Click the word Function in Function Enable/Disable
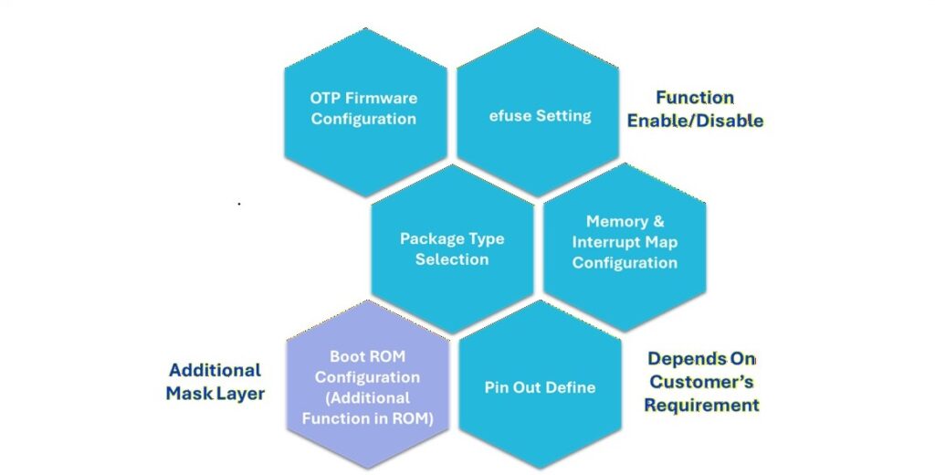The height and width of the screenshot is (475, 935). pos(695,98)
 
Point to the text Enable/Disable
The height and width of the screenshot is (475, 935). pos(695,121)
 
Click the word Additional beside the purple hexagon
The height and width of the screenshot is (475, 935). pos(215,370)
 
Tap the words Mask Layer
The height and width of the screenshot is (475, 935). pos(215,394)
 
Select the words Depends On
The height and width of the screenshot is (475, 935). pos(701,359)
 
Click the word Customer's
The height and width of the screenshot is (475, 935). pos(701,382)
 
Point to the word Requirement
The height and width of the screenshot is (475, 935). pos(701,405)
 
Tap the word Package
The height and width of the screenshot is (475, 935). pos(432,238)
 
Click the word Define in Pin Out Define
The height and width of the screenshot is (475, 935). pos(573,387)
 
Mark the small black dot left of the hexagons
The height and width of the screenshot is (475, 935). pos(239,204)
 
